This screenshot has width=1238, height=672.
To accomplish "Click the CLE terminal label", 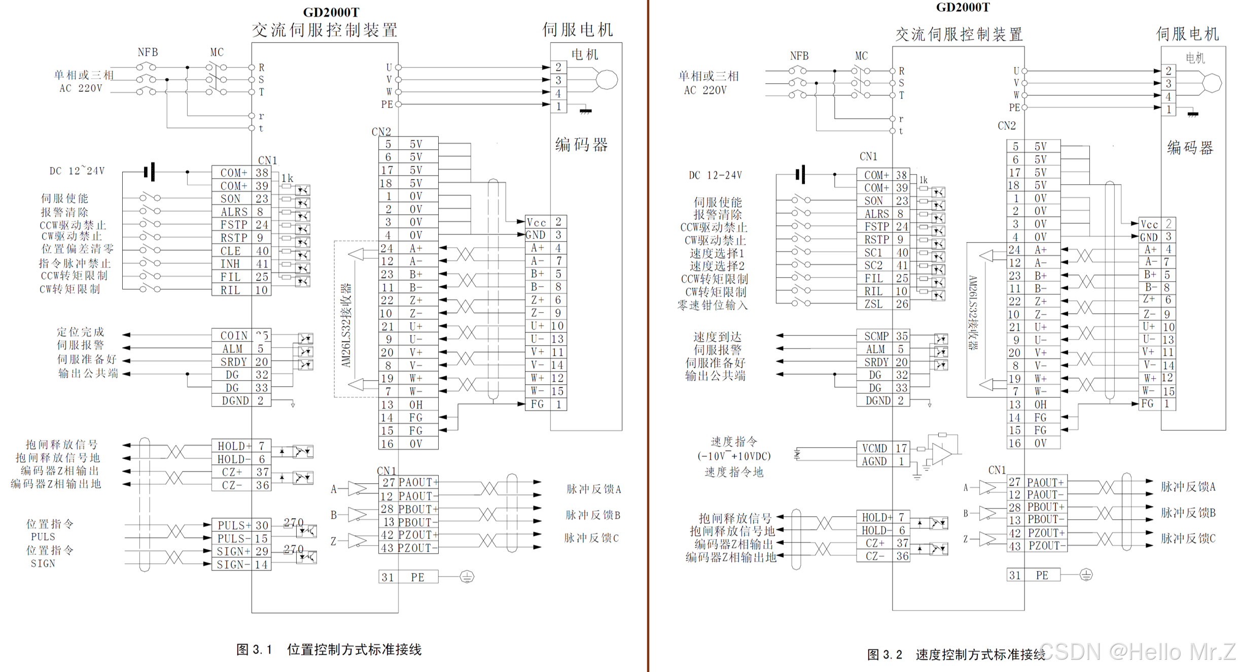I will click(231, 251).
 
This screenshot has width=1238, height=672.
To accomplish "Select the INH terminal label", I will click(230, 264).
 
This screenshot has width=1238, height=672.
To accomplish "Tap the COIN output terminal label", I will click(234, 335).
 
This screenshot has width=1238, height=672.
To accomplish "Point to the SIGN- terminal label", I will click(233, 564).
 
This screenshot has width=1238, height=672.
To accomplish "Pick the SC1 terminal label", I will click(873, 253).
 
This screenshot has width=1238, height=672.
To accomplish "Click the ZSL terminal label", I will click(873, 304).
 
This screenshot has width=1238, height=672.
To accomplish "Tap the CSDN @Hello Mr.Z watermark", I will click(1136, 652).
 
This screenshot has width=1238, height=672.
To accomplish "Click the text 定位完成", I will click(80, 332).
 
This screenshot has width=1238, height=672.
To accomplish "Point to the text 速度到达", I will click(717, 337).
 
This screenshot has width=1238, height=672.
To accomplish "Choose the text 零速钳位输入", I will click(712, 305).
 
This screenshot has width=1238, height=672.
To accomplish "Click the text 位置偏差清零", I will click(78, 249).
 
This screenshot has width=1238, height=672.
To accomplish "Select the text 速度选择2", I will click(716, 266).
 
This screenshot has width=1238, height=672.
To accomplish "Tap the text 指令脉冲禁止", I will click(75, 263).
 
